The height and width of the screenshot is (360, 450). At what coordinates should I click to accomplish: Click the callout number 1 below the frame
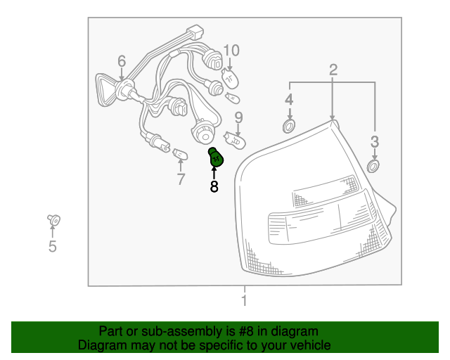(x=244, y=302)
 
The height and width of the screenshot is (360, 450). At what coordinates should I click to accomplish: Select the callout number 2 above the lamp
(x=333, y=69)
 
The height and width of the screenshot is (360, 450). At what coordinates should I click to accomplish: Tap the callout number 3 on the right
(x=375, y=142)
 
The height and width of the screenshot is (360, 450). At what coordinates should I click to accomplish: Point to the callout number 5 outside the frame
(x=53, y=246)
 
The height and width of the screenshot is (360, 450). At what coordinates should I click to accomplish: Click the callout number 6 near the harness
(x=122, y=61)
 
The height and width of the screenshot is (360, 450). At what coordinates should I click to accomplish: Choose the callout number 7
(x=181, y=179)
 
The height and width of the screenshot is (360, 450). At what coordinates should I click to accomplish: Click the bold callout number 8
(x=214, y=187)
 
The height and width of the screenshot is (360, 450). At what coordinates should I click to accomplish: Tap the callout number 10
(x=231, y=51)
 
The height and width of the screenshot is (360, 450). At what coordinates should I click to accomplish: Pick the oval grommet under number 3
(x=374, y=167)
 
